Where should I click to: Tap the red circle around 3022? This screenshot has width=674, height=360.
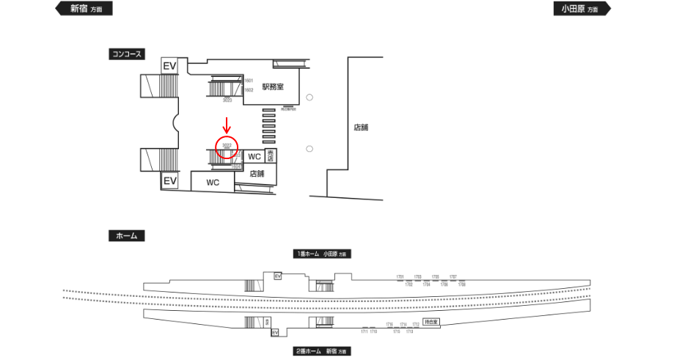pyautogui.click(x=227, y=146)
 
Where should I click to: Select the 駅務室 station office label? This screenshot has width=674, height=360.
pyautogui.click(x=273, y=87)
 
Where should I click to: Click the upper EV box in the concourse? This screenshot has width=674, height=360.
pyautogui.click(x=169, y=66)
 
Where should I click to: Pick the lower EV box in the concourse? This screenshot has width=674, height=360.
pyautogui.click(x=170, y=180)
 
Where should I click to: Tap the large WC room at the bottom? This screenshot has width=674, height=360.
pyautogui.click(x=213, y=182)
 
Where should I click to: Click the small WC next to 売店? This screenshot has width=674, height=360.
pyautogui.click(x=254, y=157)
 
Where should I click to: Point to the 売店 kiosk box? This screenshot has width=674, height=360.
pyautogui.click(x=271, y=155)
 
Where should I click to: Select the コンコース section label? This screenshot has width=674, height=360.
pyautogui.click(x=125, y=54)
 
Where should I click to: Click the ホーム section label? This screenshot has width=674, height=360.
pyautogui.click(x=126, y=236)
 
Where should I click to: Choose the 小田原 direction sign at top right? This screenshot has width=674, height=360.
pyautogui.click(x=582, y=9)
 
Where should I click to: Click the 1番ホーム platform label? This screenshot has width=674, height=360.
pyautogui.click(x=322, y=254)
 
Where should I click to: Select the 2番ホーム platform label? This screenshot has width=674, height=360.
pyautogui.click(x=321, y=351)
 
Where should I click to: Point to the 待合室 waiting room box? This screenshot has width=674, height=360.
pyautogui.click(x=431, y=322)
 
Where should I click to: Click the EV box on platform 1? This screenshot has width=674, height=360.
pyautogui.click(x=278, y=276)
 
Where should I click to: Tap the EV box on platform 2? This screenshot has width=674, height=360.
pyautogui.click(x=276, y=332)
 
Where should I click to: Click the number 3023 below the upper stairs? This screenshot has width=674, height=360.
pyautogui.click(x=227, y=100)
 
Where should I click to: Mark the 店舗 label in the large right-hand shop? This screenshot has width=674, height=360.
pyautogui.click(x=361, y=128)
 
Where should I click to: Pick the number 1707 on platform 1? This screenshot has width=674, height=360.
pyautogui.click(x=453, y=276)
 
